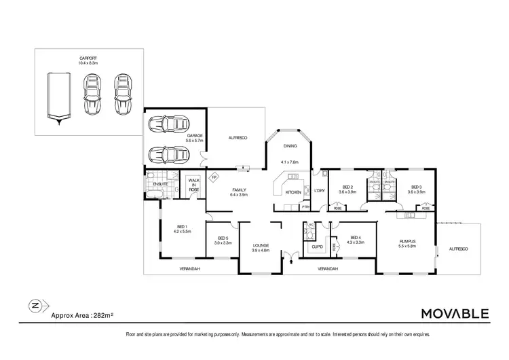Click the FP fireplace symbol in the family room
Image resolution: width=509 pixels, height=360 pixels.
point(214,178)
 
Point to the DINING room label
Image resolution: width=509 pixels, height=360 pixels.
point(290,146)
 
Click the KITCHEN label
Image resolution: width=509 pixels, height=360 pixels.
point(293,192)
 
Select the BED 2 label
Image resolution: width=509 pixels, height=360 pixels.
point(348,189)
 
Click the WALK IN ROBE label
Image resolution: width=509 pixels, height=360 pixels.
point(192,187)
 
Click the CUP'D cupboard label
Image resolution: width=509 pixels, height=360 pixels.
point(316,247)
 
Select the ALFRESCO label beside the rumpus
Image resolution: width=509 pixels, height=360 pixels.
point(459,249)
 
